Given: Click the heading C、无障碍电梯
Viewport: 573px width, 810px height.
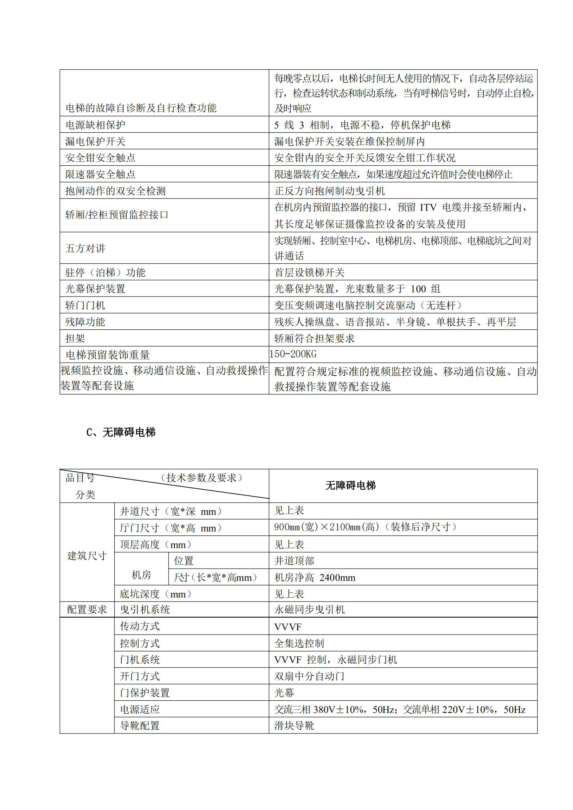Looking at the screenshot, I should [x=121, y=432].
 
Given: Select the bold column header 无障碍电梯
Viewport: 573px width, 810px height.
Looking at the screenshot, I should [x=350, y=486].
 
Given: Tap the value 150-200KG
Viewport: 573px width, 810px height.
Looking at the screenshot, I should [x=293, y=354].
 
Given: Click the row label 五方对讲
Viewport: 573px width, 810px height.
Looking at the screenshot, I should [x=85, y=248].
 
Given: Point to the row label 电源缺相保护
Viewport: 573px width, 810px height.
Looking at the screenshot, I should [x=95, y=125].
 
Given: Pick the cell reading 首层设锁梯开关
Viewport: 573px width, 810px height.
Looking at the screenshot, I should [x=309, y=272].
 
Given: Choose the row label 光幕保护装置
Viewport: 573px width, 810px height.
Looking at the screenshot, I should [x=95, y=289].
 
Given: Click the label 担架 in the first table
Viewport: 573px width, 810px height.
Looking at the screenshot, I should [x=75, y=338].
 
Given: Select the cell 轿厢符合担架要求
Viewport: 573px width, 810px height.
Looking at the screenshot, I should [x=314, y=338].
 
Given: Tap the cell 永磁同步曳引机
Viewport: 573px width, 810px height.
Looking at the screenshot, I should [x=309, y=609].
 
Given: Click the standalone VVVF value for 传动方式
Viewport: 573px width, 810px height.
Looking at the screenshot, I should [x=287, y=627].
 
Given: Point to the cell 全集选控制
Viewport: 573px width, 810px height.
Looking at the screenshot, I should [x=299, y=643].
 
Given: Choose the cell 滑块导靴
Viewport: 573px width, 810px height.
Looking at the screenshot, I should [x=294, y=726].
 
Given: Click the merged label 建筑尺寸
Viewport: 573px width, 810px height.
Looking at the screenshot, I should [x=87, y=556].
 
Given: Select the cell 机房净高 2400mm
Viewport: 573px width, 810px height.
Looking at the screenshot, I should [x=315, y=578].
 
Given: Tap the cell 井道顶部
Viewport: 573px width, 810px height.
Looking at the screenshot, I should [x=294, y=561].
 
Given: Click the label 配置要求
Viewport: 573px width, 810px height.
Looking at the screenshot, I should [x=87, y=609].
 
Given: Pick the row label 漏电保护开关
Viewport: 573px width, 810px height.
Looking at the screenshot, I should [x=95, y=141].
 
